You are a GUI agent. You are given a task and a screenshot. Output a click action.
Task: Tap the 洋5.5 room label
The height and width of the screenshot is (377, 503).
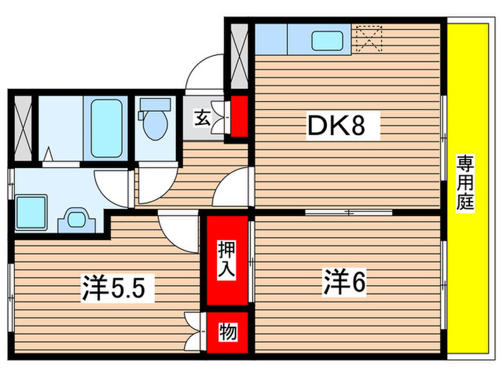[114, 289]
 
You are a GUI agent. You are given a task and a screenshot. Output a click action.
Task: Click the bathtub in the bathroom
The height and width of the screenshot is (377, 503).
[107, 127]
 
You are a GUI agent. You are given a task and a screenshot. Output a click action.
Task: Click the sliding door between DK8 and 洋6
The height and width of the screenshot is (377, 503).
[349, 213]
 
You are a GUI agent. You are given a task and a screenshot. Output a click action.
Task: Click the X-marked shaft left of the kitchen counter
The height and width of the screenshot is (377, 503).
[239, 55]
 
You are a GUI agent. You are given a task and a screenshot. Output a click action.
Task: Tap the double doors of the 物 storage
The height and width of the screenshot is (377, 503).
[193, 330]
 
